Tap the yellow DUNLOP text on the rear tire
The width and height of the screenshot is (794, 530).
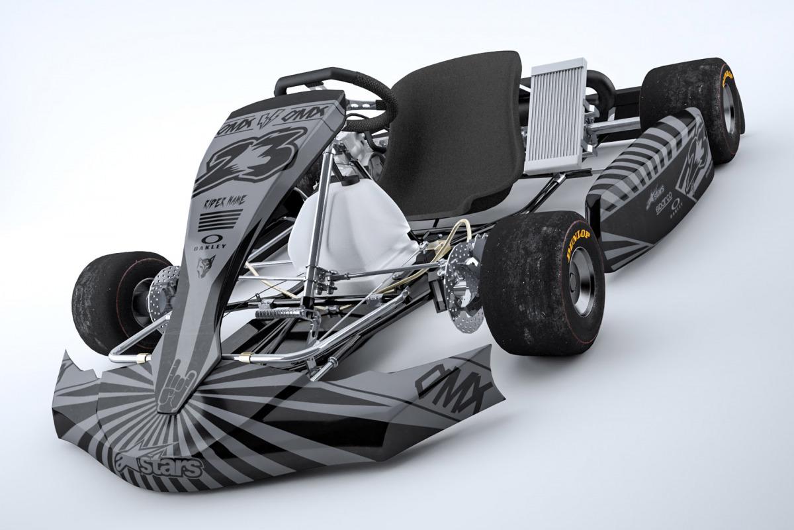click(728, 76)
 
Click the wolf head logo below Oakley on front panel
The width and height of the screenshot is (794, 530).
click(205, 266)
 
